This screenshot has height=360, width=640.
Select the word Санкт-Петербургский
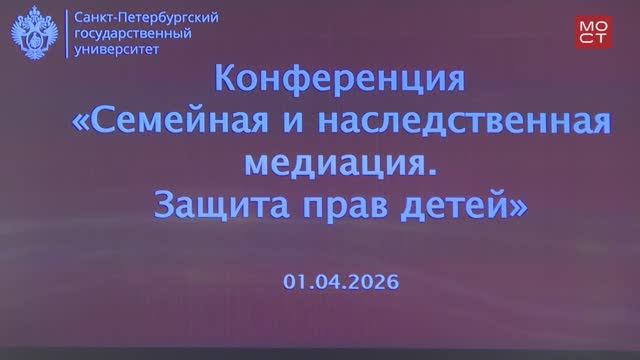(143, 18)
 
